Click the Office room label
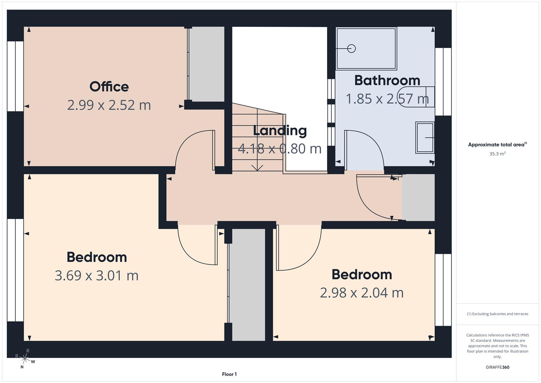[x=109, y=87]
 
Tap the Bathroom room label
[x=387, y=80]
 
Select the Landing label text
[x=280, y=131]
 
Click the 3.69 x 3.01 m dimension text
[x=97, y=276]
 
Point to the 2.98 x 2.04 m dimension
[x=361, y=293]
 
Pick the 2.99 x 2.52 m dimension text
[x=109, y=105]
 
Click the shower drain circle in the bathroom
[x=351, y=49]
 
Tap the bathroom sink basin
[x=425, y=138]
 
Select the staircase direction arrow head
[x=257, y=168]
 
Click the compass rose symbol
[x=25, y=359]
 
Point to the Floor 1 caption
[x=229, y=374]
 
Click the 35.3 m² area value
[x=497, y=154]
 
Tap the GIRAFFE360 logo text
[x=497, y=367]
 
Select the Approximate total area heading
[x=497, y=144]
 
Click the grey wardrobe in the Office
[x=207, y=64]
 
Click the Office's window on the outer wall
[x=16, y=76]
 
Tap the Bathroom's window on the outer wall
[x=443, y=82]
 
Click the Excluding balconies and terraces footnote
[x=497, y=314]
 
